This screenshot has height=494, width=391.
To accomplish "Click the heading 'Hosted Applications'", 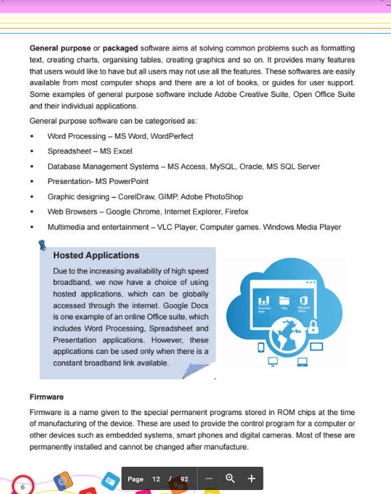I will tap(96, 255).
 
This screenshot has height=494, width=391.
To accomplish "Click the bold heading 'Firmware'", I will tap(46, 397).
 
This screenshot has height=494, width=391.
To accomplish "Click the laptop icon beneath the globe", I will tap(303, 362).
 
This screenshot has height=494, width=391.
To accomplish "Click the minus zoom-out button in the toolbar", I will tap(208, 479).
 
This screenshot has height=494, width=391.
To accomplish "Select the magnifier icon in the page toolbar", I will tap(230, 479).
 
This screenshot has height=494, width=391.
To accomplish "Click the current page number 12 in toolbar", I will tap(156, 479).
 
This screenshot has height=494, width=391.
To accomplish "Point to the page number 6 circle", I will tap(23, 487).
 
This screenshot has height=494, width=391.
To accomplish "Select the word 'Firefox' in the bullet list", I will tap(236, 212).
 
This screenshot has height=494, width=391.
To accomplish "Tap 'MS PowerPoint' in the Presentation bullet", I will tap(122, 181).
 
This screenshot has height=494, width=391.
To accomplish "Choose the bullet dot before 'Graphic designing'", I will tap(32, 197).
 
